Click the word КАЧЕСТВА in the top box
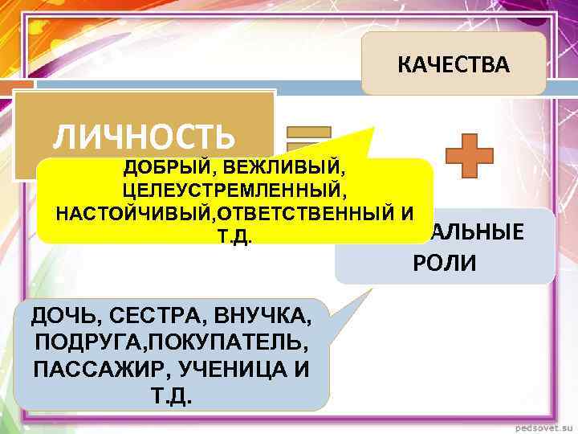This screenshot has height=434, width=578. tap(454, 65)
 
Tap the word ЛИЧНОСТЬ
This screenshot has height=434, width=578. tap(144, 136)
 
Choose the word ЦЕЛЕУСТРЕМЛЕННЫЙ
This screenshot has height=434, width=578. tap(234, 192)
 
